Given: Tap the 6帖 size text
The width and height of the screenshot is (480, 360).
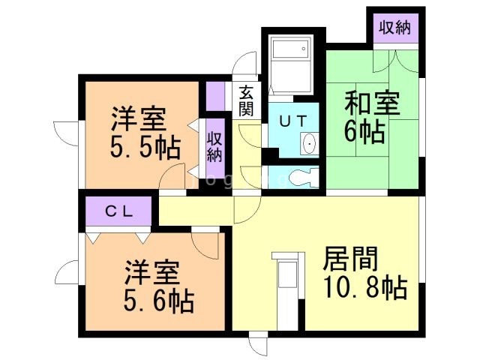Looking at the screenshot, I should tap(364, 132).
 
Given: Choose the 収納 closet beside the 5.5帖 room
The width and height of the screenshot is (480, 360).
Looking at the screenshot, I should tap(214, 145).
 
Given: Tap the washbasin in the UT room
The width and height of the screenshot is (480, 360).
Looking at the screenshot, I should tap(309, 142).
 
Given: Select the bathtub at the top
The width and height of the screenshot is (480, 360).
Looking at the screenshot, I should tap(290, 64).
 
